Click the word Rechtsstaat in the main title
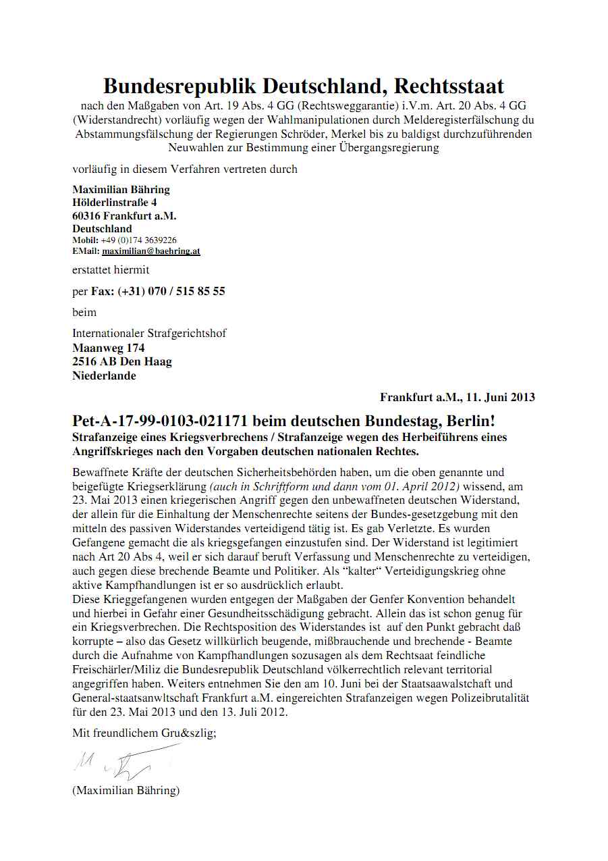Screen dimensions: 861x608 pyautogui.click(x=449, y=86)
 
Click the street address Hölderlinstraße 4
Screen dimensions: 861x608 pyautogui.click(x=115, y=202)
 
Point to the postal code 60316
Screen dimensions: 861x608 pyautogui.click(x=86, y=215)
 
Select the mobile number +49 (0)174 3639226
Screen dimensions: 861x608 pyautogui.click(x=139, y=240)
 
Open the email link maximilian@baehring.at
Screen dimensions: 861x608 pyautogui.click(x=151, y=251)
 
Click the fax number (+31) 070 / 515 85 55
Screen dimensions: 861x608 pyautogui.click(x=171, y=292)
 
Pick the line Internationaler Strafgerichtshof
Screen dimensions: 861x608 pyautogui.click(x=149, y=333)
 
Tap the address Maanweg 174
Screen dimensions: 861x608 pyautogui.click(x=109, y=348)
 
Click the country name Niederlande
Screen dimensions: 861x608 pyautogui.click(x=104, y=376)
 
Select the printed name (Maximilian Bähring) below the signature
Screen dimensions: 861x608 pyautogui.click(x=126, y=790)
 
